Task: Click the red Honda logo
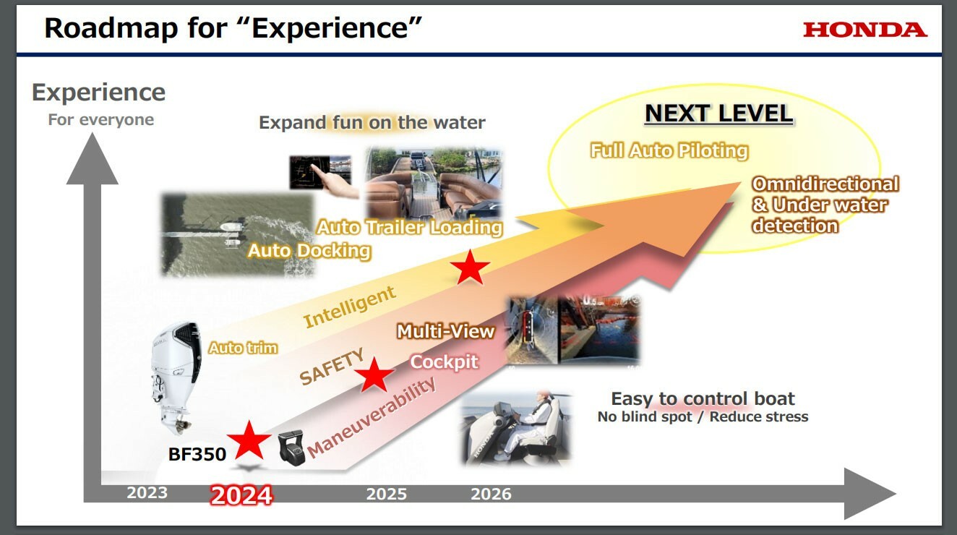point(865,30)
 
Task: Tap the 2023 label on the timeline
point(147,492)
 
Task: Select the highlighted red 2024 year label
point(241,496)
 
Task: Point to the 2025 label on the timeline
point(387,494)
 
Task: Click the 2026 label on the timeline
point(491,494)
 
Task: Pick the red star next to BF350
point(249,440)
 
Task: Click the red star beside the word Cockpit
point(374,374)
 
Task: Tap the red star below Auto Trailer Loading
point(470,267)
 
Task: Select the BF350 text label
point(197,454)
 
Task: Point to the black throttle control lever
point(292,447)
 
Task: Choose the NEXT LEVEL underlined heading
point(718,114)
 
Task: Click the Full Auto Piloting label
point(669,151)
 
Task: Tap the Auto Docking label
point(309,251)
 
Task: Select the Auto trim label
point(243,348)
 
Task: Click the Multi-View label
point(445,332)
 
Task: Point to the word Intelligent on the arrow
point(349,307)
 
